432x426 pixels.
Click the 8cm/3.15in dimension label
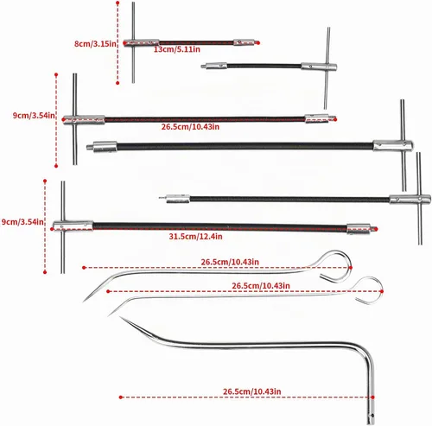click(95, 44)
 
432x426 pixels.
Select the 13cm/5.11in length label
click(177, 49)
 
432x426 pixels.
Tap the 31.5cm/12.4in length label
click(195, 237)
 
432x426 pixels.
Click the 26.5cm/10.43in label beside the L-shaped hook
click(252, 391)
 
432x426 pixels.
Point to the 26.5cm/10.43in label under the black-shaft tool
click(190, 127)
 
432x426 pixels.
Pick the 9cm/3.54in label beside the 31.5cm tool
click(22, 222)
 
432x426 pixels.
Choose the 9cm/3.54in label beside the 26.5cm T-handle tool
click(34, 116)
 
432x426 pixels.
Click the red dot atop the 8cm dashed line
click(118, 3)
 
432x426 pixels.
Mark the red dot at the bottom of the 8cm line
click(118, 83)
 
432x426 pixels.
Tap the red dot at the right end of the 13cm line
click(258, 43)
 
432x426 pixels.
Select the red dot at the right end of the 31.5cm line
click(376, 229)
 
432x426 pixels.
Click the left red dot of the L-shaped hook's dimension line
click(121, 397)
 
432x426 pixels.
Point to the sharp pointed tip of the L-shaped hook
click(120, 317)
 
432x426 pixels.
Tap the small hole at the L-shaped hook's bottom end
click(372, 416)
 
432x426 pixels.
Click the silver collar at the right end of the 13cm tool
click(244, 42)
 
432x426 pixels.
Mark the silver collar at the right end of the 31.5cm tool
click(359, 228)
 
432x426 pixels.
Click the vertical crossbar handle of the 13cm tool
click(133, 42)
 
